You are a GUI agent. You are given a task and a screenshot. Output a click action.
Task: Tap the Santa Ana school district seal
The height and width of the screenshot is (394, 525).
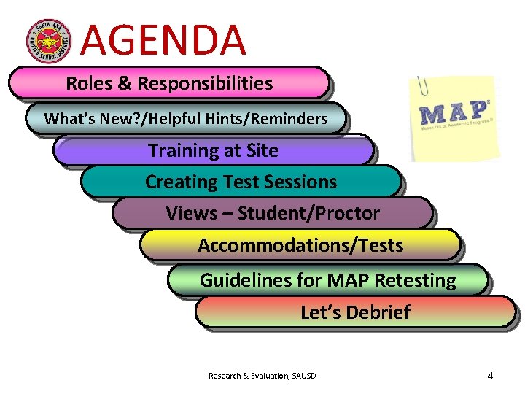49,40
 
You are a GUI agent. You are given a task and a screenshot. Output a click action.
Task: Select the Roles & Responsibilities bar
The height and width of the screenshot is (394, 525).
168,83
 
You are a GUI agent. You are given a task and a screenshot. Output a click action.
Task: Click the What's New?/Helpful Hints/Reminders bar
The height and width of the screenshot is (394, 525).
185,118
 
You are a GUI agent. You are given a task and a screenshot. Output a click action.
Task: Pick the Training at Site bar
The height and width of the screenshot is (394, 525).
213,151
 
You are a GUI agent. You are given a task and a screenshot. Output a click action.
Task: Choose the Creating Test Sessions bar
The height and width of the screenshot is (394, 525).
241,182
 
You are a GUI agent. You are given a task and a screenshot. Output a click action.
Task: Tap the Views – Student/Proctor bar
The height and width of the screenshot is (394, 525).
272,214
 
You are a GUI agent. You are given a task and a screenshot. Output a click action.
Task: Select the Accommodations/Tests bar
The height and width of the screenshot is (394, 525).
300,245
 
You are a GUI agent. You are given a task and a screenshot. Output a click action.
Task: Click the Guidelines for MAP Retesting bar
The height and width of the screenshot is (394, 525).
327,279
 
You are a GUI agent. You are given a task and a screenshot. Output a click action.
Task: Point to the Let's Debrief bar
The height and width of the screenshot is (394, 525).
355,312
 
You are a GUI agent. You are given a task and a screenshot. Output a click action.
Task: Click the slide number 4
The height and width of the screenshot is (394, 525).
490,376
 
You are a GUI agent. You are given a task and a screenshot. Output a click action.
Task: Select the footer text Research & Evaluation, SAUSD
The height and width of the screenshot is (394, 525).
262,376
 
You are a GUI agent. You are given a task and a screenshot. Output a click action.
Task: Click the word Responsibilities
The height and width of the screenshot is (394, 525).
205,83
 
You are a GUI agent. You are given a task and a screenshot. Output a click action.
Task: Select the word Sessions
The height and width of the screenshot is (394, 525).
300,182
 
